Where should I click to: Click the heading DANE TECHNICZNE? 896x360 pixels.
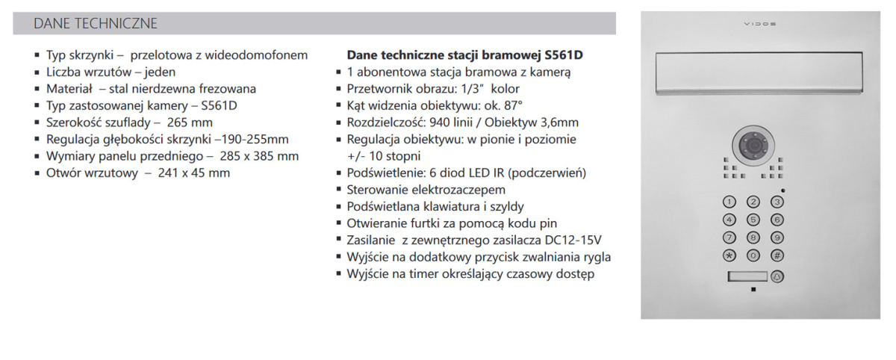(x=96, y=23)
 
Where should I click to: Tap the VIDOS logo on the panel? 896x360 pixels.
(x=759, y=24)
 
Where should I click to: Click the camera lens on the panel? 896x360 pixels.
(x=753, y=143)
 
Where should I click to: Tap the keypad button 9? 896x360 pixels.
(x=777, y=238)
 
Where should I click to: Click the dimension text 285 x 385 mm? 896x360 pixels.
(x=256, y=156)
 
